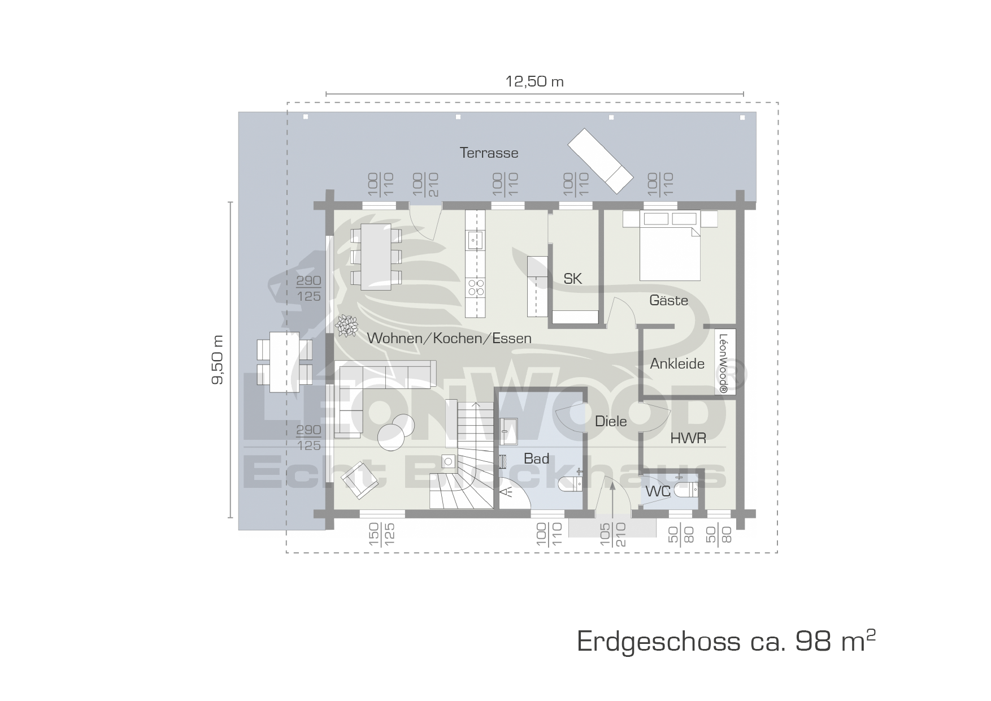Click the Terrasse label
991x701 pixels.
coord(489,153)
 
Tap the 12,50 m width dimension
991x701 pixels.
coord(534,81)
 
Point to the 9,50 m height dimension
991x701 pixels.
coord(218,360)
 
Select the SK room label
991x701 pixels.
coord(572,278)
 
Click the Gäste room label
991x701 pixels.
coord(668,300)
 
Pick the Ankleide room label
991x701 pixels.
coord(677,364)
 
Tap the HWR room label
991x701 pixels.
coord(688,438)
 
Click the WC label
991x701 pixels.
coord(658,492)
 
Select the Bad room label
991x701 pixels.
coord(536,458)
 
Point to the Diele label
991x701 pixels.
coord(611,421)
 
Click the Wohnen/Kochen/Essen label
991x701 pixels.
coord(449,338)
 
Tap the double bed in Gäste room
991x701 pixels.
coord(670,246)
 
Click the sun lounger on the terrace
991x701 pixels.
coord(601,160)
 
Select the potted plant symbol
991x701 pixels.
coord(346,326)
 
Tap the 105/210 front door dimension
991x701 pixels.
coord(613,534)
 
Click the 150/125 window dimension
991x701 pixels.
coord(381,534)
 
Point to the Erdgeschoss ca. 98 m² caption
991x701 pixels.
coord(727,642)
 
